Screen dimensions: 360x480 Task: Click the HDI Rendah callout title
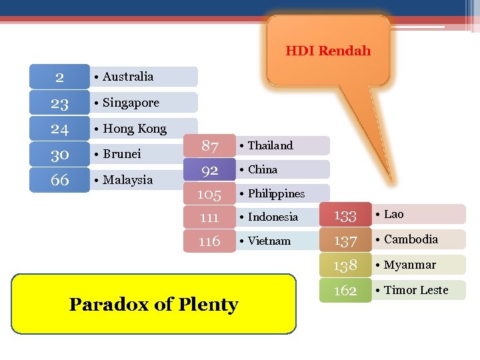328,51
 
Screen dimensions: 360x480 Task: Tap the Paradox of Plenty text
153,304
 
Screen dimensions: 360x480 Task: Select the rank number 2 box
59,77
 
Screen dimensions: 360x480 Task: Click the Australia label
127,77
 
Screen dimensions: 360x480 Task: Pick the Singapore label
131,103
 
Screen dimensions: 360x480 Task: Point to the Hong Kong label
134,129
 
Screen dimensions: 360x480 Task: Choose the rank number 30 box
59,154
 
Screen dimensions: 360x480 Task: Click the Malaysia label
127,180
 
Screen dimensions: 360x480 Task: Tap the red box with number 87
210,146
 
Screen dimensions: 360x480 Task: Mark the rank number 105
209,194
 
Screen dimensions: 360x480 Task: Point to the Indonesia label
273,217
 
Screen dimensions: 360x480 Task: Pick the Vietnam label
269,241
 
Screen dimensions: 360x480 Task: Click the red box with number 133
345,215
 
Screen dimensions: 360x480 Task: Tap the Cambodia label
411,239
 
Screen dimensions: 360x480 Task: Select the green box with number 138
345,265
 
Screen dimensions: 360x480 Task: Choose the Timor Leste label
416,290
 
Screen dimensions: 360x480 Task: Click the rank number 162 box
345,291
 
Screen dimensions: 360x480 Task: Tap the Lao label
393,214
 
